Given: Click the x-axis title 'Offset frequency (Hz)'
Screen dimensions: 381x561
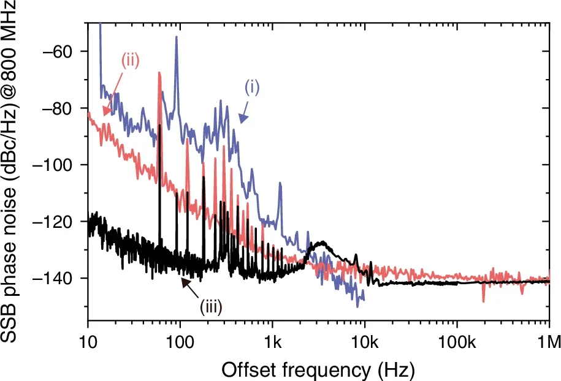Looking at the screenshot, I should pyautogui.click(x=318, y=369).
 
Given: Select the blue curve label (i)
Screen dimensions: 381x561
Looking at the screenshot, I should pyautogui.click(x=253, y=87).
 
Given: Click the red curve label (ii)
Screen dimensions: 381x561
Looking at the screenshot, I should pyautogui.click(x=130, y=60).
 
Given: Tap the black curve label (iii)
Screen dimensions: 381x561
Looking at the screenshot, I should pyautogui.click(x=209, y=304).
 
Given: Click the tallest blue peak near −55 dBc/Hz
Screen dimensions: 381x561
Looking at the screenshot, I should pyautogui.click(x=177, y=38).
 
